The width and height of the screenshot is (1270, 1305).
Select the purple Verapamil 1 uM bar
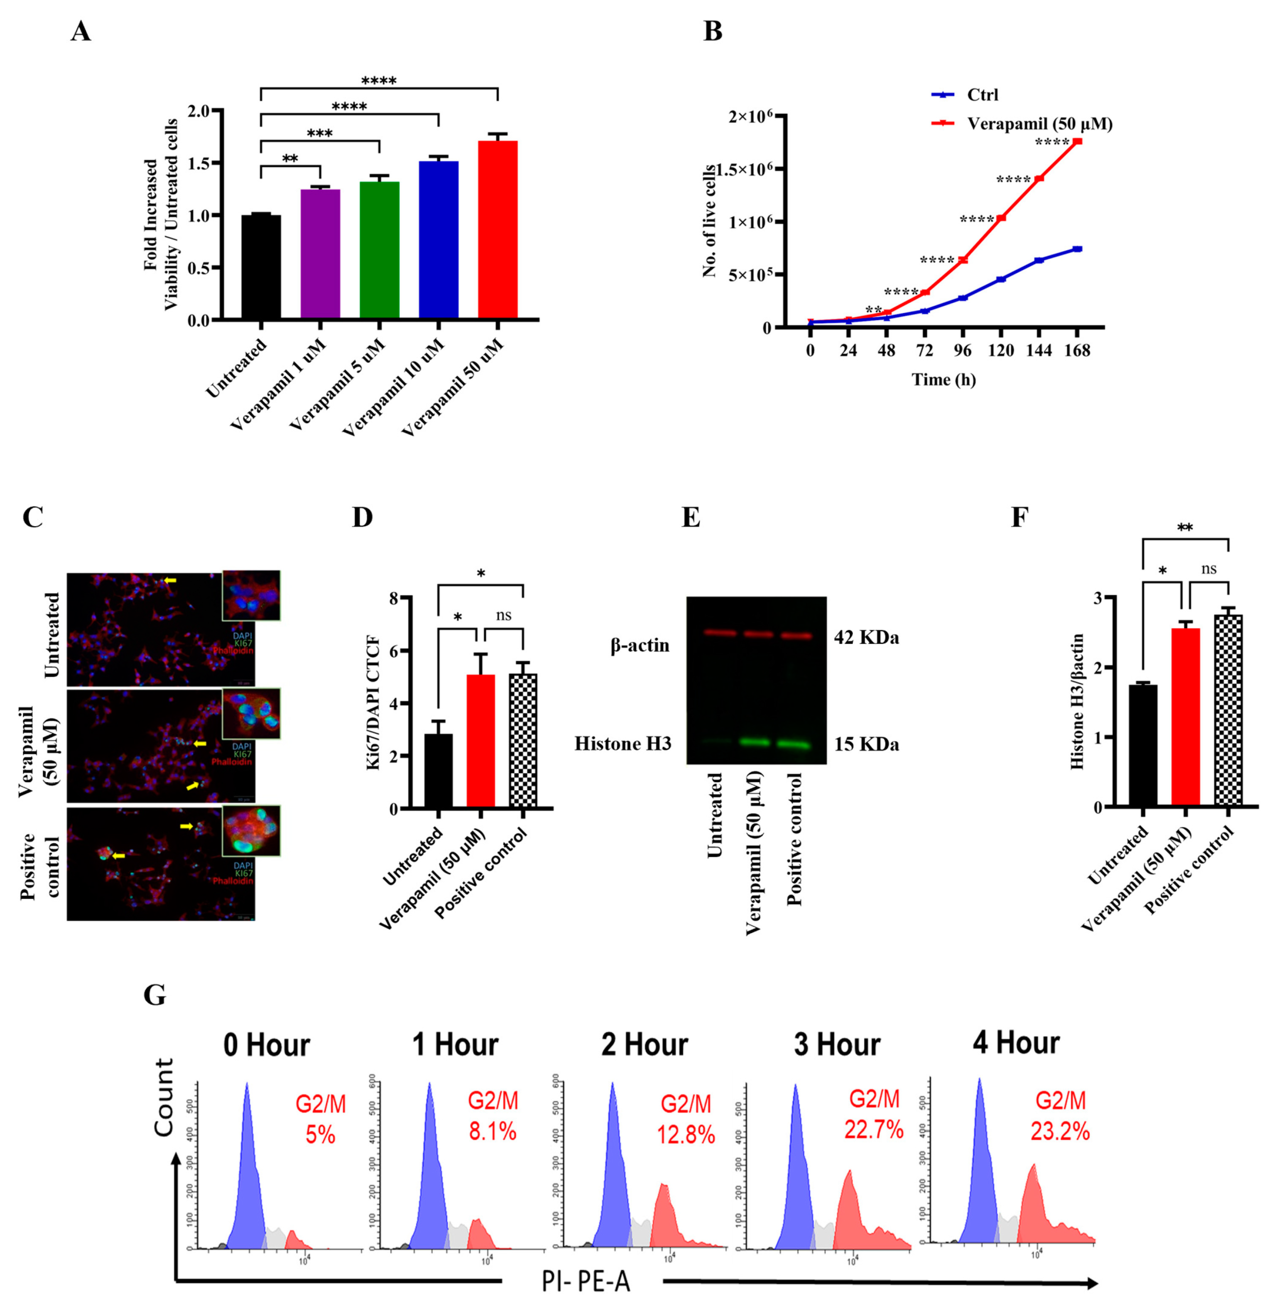click(x=320, y=253)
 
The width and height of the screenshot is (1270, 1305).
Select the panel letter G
click(x=155, y=995)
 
